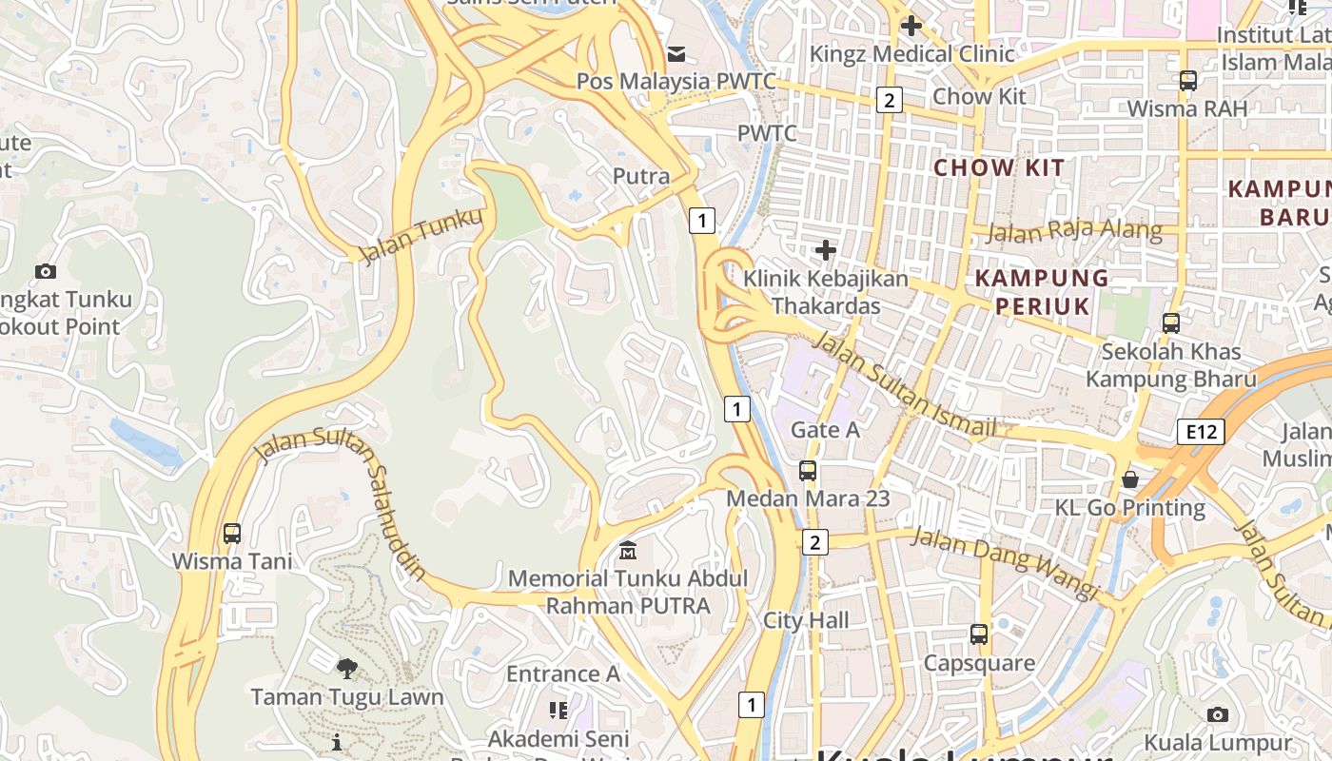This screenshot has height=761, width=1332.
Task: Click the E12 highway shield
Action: (1201, 432)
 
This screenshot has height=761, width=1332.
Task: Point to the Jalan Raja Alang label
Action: (1074, 231)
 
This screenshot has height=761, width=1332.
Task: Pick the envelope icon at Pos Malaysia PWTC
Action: (676, 53)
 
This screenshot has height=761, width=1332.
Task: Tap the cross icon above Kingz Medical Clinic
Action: (911, 26)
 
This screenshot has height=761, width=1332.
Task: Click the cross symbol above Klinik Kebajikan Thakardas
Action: (826, 250)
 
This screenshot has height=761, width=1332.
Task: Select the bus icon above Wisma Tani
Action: (232, 533)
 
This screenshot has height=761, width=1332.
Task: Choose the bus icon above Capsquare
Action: (979, 634)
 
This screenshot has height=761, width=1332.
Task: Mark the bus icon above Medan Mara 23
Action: (808, 470)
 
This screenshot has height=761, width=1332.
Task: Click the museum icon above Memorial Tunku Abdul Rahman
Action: (628, 550)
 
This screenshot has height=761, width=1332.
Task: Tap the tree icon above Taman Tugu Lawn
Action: (347, 668)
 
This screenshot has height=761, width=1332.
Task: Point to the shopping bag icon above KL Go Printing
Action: (1130, 478)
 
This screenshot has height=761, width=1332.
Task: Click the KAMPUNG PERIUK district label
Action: (1043, 292)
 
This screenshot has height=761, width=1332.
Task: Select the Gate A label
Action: (826, 430)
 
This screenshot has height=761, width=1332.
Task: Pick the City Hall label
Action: (806, 621)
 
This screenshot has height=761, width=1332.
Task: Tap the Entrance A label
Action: (563, 674)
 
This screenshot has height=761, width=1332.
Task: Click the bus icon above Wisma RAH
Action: (1187, 81)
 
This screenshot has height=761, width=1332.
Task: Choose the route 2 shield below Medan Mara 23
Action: (814, 542)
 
